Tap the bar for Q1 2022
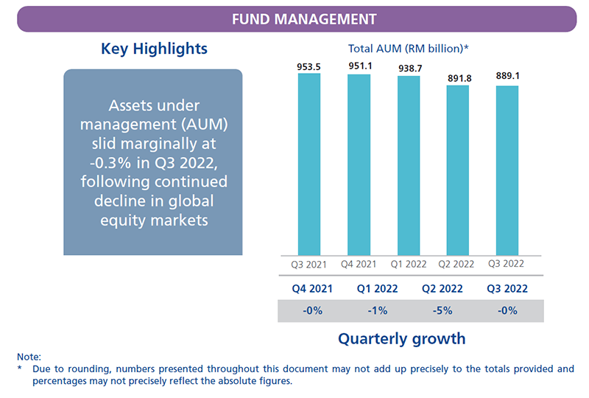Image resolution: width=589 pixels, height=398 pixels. (x=409, y=165)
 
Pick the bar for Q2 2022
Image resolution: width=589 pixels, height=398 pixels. (x=458, y=170)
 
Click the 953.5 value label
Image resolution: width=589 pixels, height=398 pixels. (x=309, y=66)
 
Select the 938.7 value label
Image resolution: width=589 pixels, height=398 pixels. (x=409, y=68)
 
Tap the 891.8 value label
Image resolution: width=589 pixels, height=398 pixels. (x=458, y=77)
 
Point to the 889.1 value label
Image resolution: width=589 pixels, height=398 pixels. (x=507, y=79)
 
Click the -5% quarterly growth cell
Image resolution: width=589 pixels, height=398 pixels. (x=443, y=311)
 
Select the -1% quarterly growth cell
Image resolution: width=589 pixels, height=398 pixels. (x=378, y=311)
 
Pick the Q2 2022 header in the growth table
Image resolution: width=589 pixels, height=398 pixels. (x=443, y=289)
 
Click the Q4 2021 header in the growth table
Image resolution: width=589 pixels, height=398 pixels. (x=314, y=289)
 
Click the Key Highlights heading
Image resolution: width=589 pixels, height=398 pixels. (x=154, y=49)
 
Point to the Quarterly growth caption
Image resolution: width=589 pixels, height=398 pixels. (x=402, y=339)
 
